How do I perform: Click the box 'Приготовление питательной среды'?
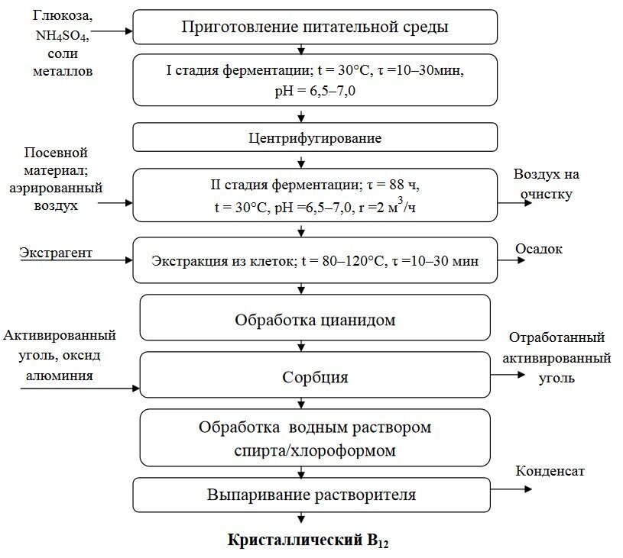(315, 27)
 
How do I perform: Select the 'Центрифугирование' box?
(315, 138)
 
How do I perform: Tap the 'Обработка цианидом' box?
(315, 320)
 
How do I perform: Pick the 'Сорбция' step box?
(315, 376)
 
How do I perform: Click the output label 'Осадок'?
(539, 250)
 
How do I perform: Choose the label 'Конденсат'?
(550, 471)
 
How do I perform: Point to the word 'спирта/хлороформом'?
(315, 450)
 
